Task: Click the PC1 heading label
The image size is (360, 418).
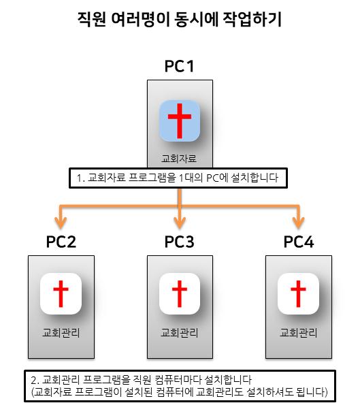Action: pyautogui.click(x=180, y=66)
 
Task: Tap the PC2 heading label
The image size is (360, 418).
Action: pyautogui.click(x=61, y=242)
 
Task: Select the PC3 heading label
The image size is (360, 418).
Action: pyautogui.click(x=180, y=242)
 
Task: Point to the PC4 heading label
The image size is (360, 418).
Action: pyautogui.click(x=299, y=242)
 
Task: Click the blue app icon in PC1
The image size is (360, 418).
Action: pyautogui.click(x=180, y=120)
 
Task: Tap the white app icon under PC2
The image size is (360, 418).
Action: pyautogui.click(x=61, y=293)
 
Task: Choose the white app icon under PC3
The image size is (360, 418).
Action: pyautogui.click(x=180, y=293)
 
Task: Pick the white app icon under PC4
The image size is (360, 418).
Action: pyautogui.click(x=298, y=293)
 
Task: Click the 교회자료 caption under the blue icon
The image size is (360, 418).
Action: pyautogui.click(x=179, y=159)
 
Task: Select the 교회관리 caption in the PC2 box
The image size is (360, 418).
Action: pyautogui.click(x=61, y=333)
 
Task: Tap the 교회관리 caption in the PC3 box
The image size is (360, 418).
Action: pyautogui.click(x=180, y=333)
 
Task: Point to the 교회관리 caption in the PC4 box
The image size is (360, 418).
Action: pyautogui.click(x=299, y=333)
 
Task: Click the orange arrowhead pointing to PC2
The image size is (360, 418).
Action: pyautogui.click(x=61, y=223)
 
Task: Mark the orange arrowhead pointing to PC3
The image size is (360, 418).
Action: pyautogui.click(x=180, y=223)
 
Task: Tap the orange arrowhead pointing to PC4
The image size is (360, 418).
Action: pyautogui.click(x=299, y=223)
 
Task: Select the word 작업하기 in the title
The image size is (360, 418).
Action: pyautogui.click(x=252, y=19)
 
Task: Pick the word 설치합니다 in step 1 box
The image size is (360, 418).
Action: pyautogui.click(x=255, y=178)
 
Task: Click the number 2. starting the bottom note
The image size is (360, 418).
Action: pyautogui.click(x=35, y=380)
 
